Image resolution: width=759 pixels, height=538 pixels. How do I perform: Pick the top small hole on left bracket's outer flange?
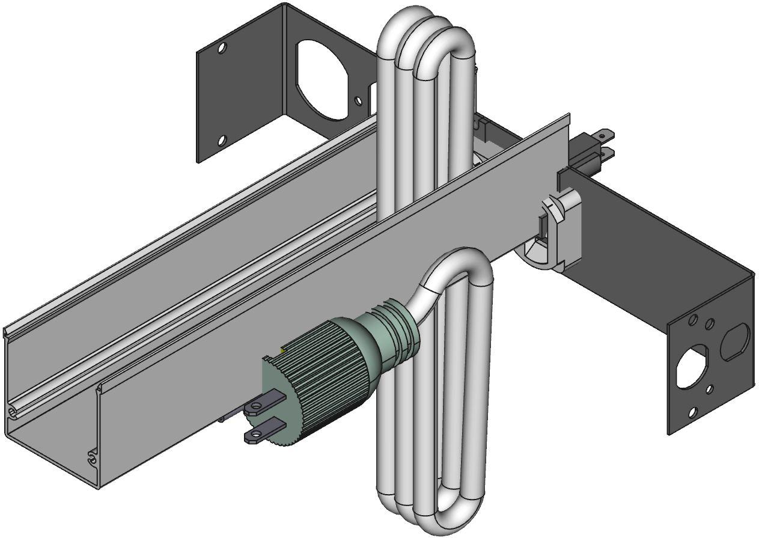tap(222, 47)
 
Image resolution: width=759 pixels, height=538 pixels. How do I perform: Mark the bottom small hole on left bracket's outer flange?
tap(221, 141)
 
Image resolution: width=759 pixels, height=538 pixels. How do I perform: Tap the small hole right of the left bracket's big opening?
tap(359, 102)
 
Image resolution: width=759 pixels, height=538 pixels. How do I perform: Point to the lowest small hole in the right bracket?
tap(692, 412)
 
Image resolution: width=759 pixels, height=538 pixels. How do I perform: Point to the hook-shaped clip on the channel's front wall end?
tap(91, 457)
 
